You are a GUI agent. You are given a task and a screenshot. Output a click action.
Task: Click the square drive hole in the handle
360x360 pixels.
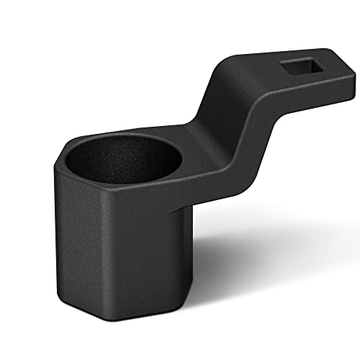pyautogui.click(x=298, y=70)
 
